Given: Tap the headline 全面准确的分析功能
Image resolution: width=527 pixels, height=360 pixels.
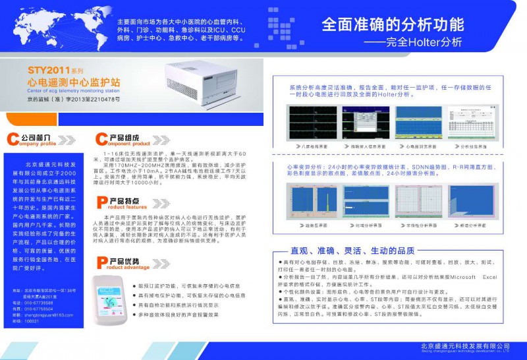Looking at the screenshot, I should click(x=392, y=25).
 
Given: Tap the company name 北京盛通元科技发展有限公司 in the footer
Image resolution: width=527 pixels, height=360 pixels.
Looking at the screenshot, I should click(x=465, y=346).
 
